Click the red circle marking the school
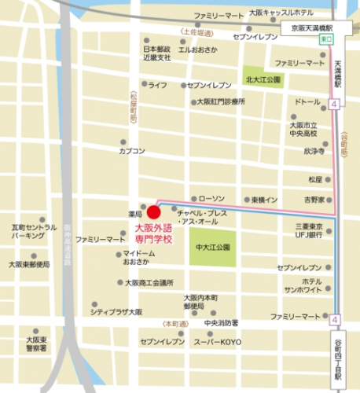tap(154, 212)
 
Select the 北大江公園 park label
tap(263, 79)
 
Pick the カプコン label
tap(131, 151)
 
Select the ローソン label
tap(211, 198)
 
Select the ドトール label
tap(307, 102)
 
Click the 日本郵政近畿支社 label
tap(156, 53)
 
